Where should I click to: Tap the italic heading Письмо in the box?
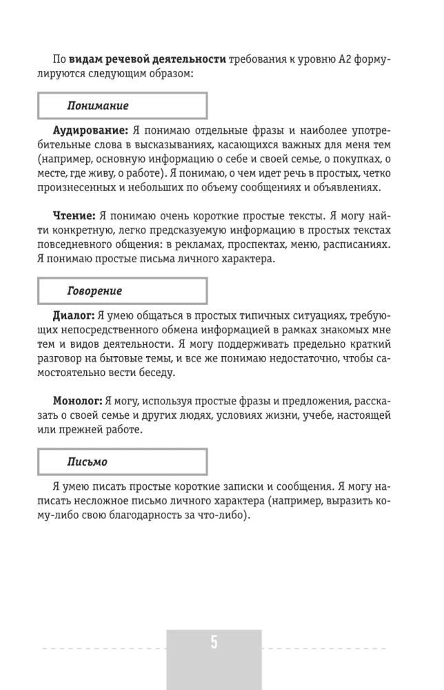[x=87, y=461]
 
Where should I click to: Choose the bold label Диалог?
[x=75, y=315]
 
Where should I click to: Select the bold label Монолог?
[x=78, y=401]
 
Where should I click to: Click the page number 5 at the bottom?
[x=214, y=642]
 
